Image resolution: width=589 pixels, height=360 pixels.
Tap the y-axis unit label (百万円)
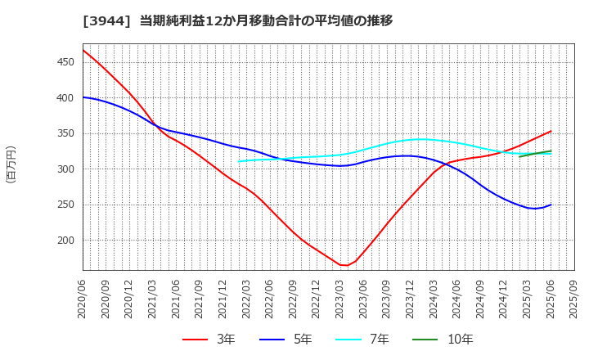click(11, 164)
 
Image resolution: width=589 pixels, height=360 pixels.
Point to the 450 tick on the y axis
click(66, 62)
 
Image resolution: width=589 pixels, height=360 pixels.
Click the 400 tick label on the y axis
click(66, 98)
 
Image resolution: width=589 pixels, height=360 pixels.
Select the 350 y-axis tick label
click(66, 133)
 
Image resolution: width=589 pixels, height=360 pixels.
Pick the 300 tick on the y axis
click(66, 169)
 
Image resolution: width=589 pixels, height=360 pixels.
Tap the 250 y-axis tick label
click(66, 205)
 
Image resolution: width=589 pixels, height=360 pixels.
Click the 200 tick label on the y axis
click(66, 241)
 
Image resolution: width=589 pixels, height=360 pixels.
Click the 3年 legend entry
click(209, 340)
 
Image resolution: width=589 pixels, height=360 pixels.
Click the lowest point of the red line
click(344, 265)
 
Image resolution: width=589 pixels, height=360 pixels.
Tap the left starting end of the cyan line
click(238, 161)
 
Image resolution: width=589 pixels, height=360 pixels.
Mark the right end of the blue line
click(551, 205)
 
